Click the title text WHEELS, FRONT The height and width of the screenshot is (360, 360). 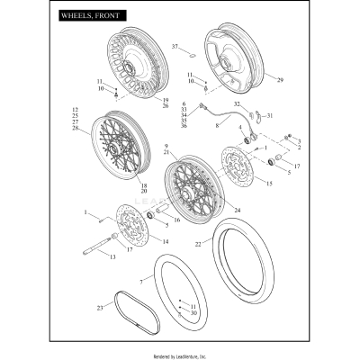pos(92,16)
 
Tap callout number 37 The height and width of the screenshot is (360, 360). pos(175,45)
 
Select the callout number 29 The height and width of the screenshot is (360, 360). pos(279,81)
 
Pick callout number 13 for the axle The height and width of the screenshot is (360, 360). pos(112,257)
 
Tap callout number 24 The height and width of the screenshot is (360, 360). pos(237,211)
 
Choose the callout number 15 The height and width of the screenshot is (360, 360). pos(266,183)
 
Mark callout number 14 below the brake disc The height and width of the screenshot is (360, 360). pos(164,242)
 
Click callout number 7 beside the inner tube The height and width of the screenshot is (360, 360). pos(140,282)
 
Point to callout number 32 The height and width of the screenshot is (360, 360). pos(238,105)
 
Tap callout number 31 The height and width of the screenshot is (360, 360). pos(269,115)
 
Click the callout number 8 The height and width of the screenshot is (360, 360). pos(217,127)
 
